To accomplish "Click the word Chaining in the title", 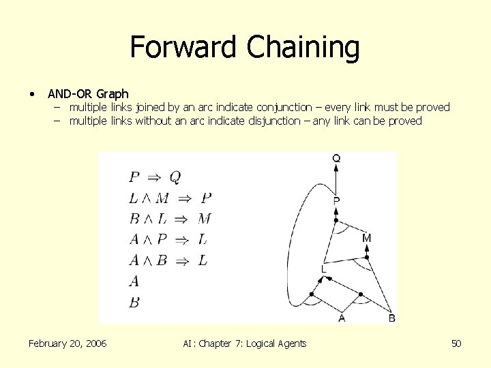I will (303, 48).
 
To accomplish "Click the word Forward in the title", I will (185, 48).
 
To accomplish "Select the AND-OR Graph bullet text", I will (88, 93).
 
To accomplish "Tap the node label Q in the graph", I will (336, 158).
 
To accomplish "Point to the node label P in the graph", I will (336, 200).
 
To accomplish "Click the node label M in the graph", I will (367, 238).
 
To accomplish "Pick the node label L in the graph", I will (324, 270).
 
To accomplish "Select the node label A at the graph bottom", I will (342, 318).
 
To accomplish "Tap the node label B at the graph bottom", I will (391, 318).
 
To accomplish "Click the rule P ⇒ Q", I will (155, 178).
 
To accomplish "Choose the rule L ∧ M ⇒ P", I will (170, 198).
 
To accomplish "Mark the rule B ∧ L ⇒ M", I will (170, 219).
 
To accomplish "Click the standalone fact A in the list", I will (134, 280).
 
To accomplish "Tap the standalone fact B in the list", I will (134, 301).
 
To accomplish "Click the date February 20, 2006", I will (68, 343).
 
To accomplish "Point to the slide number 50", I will (456, 343).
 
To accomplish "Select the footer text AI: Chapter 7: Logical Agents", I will (245, 343).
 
